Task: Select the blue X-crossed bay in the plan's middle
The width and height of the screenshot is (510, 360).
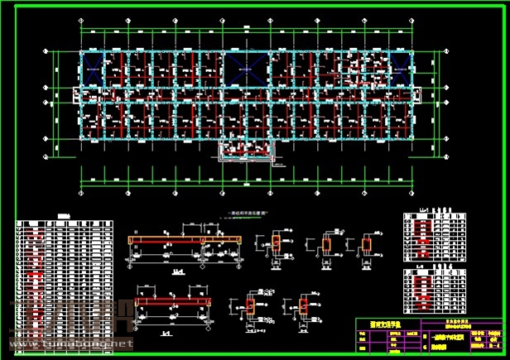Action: [x=245, y=67]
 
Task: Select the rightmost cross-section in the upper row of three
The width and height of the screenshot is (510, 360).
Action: [x=367, y=245]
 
